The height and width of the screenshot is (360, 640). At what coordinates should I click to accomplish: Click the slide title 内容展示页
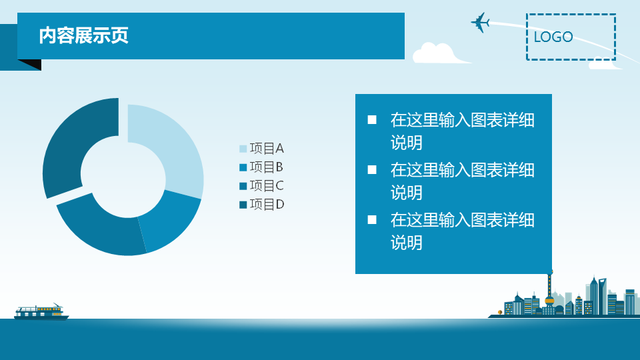pos(84,35)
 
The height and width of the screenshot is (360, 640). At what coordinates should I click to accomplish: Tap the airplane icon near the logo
pos(480,22)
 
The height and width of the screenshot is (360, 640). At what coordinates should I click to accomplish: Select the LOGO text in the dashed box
pos(553,37)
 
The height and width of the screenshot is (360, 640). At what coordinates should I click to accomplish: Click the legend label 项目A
pos(267,148)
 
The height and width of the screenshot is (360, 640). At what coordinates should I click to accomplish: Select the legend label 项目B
pos(266,167)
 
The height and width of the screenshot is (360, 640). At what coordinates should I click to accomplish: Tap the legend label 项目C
pos(267,186)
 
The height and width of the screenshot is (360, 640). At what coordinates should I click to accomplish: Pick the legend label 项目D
pos(267,205)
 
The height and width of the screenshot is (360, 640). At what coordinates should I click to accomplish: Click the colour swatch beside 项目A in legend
pos(243,149)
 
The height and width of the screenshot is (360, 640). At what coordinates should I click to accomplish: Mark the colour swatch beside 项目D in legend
pos(243,205)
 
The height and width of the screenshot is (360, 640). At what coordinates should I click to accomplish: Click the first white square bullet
pos(372,119)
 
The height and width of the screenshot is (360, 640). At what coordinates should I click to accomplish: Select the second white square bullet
pos(372,169)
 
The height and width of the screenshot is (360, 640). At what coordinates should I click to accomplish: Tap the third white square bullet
pos(372,220)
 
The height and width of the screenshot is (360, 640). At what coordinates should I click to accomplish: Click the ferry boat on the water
pos(41,312)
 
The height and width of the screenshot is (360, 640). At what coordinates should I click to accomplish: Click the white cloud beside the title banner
pos(439,53)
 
